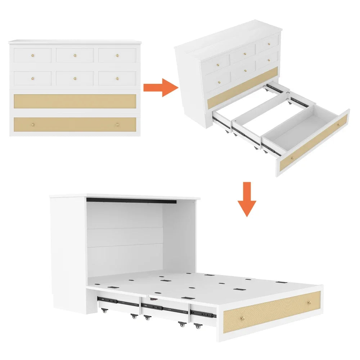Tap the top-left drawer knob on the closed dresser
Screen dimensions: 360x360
[x=33, y=55]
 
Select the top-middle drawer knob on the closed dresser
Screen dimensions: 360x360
[x=75, y=55]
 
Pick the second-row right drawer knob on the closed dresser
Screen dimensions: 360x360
[x=117, y=78]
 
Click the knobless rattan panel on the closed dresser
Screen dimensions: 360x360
[x=75, y=101]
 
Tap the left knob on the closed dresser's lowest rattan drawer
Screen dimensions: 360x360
[x=33, y=125]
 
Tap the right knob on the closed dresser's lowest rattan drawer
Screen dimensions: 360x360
[x=117, y=125]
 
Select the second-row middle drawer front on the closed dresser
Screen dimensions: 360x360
[x=75, y=78]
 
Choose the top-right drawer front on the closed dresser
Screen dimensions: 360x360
[x=117, y=55]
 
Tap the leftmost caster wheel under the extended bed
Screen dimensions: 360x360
[x=104, y=310]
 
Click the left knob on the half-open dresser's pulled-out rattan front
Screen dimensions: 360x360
[x=291, y=159]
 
